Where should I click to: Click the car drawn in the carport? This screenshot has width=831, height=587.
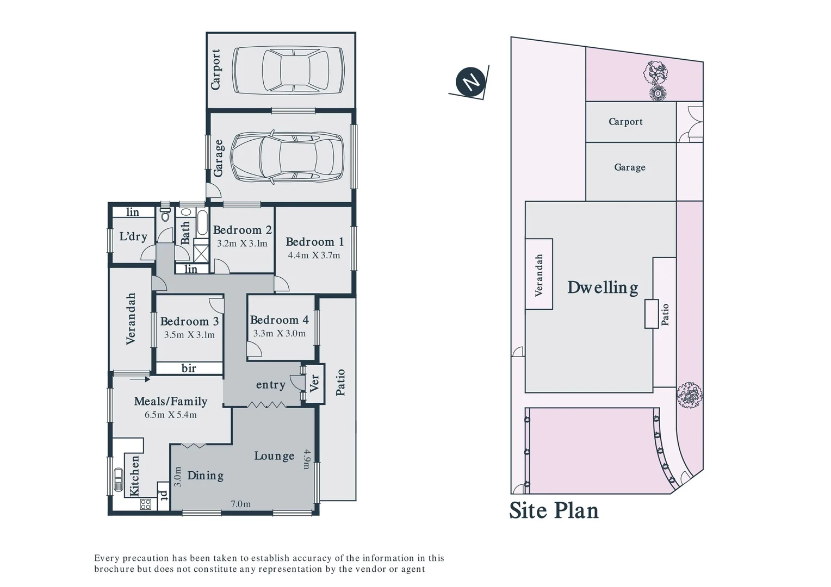(288, 70)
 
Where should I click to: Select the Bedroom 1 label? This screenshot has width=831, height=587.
(314, 242)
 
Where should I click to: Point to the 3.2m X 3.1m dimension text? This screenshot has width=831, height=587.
(242, 243)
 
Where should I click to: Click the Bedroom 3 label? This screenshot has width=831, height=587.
(189, 321)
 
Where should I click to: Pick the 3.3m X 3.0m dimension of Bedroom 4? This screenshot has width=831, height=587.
(280, 333)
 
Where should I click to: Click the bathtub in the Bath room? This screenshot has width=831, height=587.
(202, 223)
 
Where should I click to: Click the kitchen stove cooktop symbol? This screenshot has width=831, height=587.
(145, 504)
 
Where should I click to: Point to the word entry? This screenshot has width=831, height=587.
(270, 385)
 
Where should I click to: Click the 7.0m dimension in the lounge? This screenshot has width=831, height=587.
(241, 504)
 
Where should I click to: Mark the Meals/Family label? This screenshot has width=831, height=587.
(171, 401)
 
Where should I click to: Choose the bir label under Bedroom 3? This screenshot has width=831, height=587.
(189, 368)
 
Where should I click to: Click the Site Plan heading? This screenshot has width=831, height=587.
(554, 510)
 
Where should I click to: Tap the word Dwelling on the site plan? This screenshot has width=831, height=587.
(603, 287)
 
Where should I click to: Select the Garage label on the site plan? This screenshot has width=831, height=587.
(630, 167)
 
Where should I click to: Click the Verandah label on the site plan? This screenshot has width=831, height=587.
(539, 274)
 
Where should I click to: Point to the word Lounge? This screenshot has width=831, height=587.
(274, 455)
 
